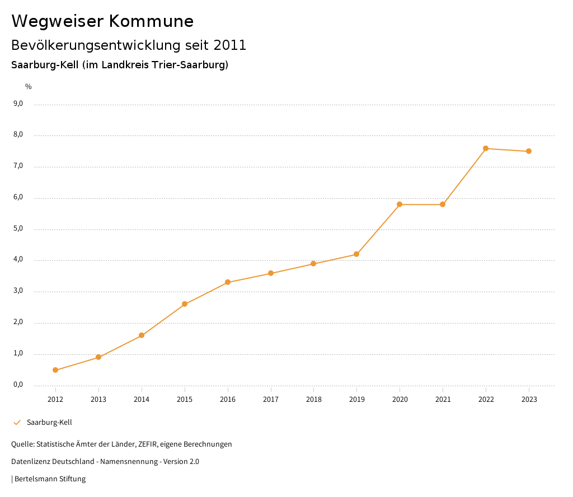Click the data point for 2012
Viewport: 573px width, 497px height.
(x=55, y=370)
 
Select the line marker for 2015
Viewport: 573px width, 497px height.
(x=185, y=304)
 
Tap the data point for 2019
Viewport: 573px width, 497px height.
(x=356, y=255)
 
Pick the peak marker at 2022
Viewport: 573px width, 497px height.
(x=486, y=148)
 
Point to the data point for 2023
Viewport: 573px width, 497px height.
(x=529, y=151)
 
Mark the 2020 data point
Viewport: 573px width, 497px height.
(x=400, y=204)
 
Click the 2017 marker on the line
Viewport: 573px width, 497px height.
(x=271, y=273)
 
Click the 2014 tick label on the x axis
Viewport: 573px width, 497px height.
(x=142, y=400)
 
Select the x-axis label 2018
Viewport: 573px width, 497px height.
(x=314, y=400)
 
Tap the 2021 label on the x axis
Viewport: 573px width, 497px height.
(x=443, y=400)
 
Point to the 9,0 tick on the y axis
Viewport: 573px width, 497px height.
(x=18, y=104)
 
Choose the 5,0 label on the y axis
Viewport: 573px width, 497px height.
(x=18, y=228)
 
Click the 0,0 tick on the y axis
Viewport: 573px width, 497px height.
(x=18, y=385)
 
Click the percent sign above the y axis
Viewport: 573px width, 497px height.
(x=29, y=87)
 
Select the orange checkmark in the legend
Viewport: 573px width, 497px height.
(x=17, y=423)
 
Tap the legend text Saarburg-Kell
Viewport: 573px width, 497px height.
(x=49, y=423)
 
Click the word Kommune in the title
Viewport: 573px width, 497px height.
(x=151, y=21)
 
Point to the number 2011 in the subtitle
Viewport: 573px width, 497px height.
(x=230, y=45)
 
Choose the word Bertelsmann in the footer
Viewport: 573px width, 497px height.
(x=36, y=479)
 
